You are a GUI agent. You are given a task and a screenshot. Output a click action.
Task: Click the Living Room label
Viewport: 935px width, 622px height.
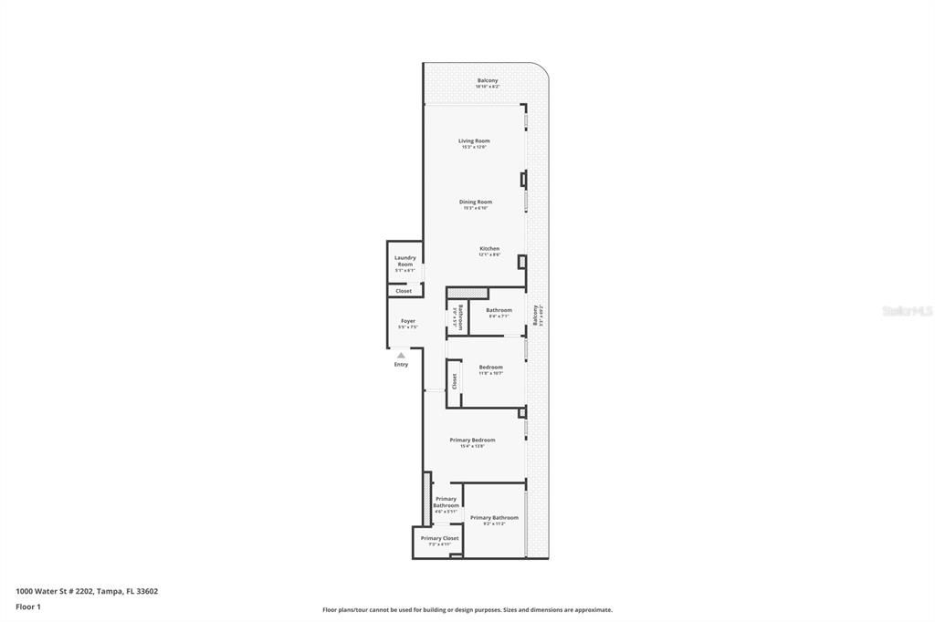(474, 141)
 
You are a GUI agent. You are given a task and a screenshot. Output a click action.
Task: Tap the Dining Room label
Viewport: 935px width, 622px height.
(475, 202)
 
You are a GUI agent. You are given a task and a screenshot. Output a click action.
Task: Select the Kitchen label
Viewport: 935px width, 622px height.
(489, 249)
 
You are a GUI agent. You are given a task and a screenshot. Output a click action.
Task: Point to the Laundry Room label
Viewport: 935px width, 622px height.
(404, 261)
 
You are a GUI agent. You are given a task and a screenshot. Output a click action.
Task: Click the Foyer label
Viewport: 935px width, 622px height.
(407, 321)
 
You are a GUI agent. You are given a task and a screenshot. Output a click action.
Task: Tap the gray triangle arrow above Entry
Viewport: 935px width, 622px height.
(401, 355)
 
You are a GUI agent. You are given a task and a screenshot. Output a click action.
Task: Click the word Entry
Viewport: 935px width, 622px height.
(401, 365)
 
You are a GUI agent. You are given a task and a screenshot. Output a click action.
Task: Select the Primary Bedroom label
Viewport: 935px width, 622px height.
(472, 441)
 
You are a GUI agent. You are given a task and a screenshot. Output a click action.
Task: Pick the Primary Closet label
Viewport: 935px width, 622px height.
(439, 538)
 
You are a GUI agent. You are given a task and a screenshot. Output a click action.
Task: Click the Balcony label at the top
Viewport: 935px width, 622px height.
(488, 81)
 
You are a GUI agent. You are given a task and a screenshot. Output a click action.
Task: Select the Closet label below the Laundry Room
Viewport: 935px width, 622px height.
(404, 291)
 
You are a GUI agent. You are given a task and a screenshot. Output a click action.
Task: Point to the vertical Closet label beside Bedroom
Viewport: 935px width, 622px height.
(454, 381)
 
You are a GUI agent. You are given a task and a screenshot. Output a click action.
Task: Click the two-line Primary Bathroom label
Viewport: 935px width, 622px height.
(446, 503)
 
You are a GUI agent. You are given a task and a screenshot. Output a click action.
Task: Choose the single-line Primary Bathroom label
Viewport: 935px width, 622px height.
(494, 518)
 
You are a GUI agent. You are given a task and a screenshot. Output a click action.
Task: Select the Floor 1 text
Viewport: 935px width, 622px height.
(28, 606)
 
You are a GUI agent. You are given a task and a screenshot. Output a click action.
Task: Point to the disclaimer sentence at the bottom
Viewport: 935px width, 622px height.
(467, 610)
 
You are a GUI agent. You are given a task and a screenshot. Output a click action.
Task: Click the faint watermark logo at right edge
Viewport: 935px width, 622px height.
(908, 311)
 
